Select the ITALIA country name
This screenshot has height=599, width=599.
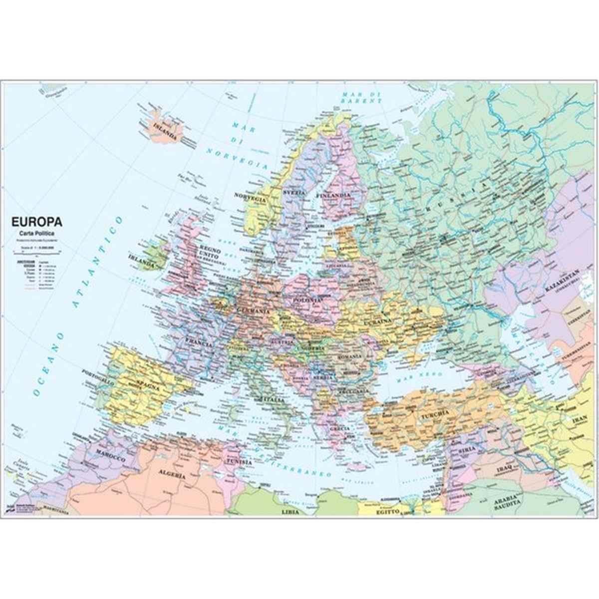(x=273, y=399)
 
